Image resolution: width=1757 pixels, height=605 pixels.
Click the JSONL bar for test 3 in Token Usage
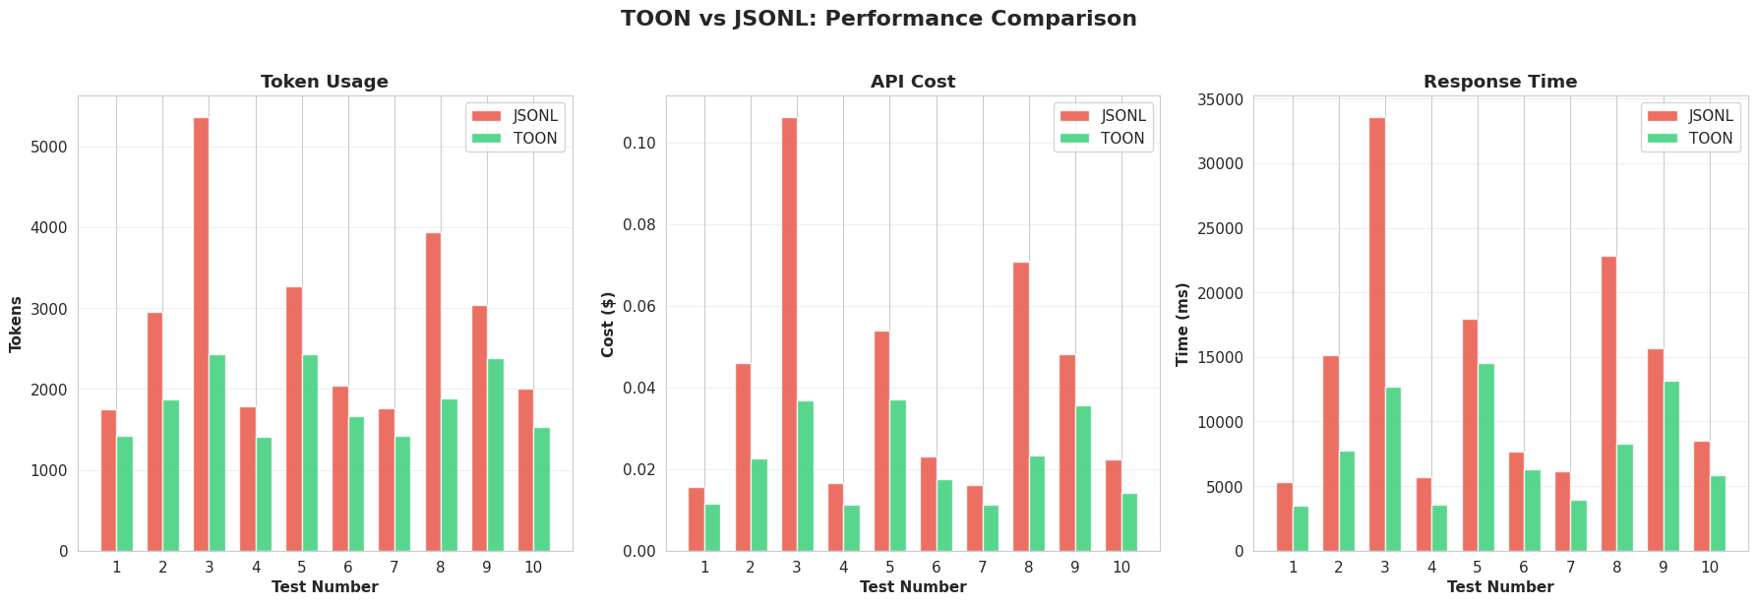[201, 334]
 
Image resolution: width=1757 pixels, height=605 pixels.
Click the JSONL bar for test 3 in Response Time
[1377, 334]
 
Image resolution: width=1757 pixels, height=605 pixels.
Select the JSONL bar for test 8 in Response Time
[1608, 403]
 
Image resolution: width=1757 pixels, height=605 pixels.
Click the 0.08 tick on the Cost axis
[639, 225]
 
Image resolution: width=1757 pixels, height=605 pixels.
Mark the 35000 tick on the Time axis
[1220, 100]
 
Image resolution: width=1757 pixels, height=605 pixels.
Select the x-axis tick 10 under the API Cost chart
[1121, 568]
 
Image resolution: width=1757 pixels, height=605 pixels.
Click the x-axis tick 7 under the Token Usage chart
[394, 568]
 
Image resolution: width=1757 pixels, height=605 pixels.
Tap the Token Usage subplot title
[325, 82]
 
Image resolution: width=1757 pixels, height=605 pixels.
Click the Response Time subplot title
[1500, 82]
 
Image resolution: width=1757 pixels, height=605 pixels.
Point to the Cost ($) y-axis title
[608, 325]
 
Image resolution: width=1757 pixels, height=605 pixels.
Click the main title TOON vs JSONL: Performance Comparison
[878, 19]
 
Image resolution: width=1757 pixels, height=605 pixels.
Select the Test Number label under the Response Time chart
[1500, 587]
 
